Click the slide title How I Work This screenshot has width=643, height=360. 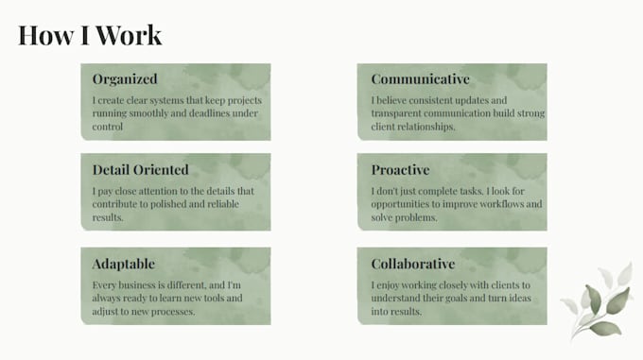point(90,35)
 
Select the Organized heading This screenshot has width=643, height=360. point(125,79)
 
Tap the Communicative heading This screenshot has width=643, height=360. point(421,78)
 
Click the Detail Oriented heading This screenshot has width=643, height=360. point(140,169)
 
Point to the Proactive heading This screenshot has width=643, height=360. point(400,169)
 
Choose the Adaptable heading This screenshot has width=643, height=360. point(124,264)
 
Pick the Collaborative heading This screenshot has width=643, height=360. point(413,264)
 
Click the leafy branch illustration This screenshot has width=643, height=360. point(597,301)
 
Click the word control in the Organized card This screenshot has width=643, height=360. point(108,127)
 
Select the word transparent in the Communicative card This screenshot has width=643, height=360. point(396,113)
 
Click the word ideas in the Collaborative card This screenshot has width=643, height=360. point(520,298)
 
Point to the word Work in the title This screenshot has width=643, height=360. point(129,35)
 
